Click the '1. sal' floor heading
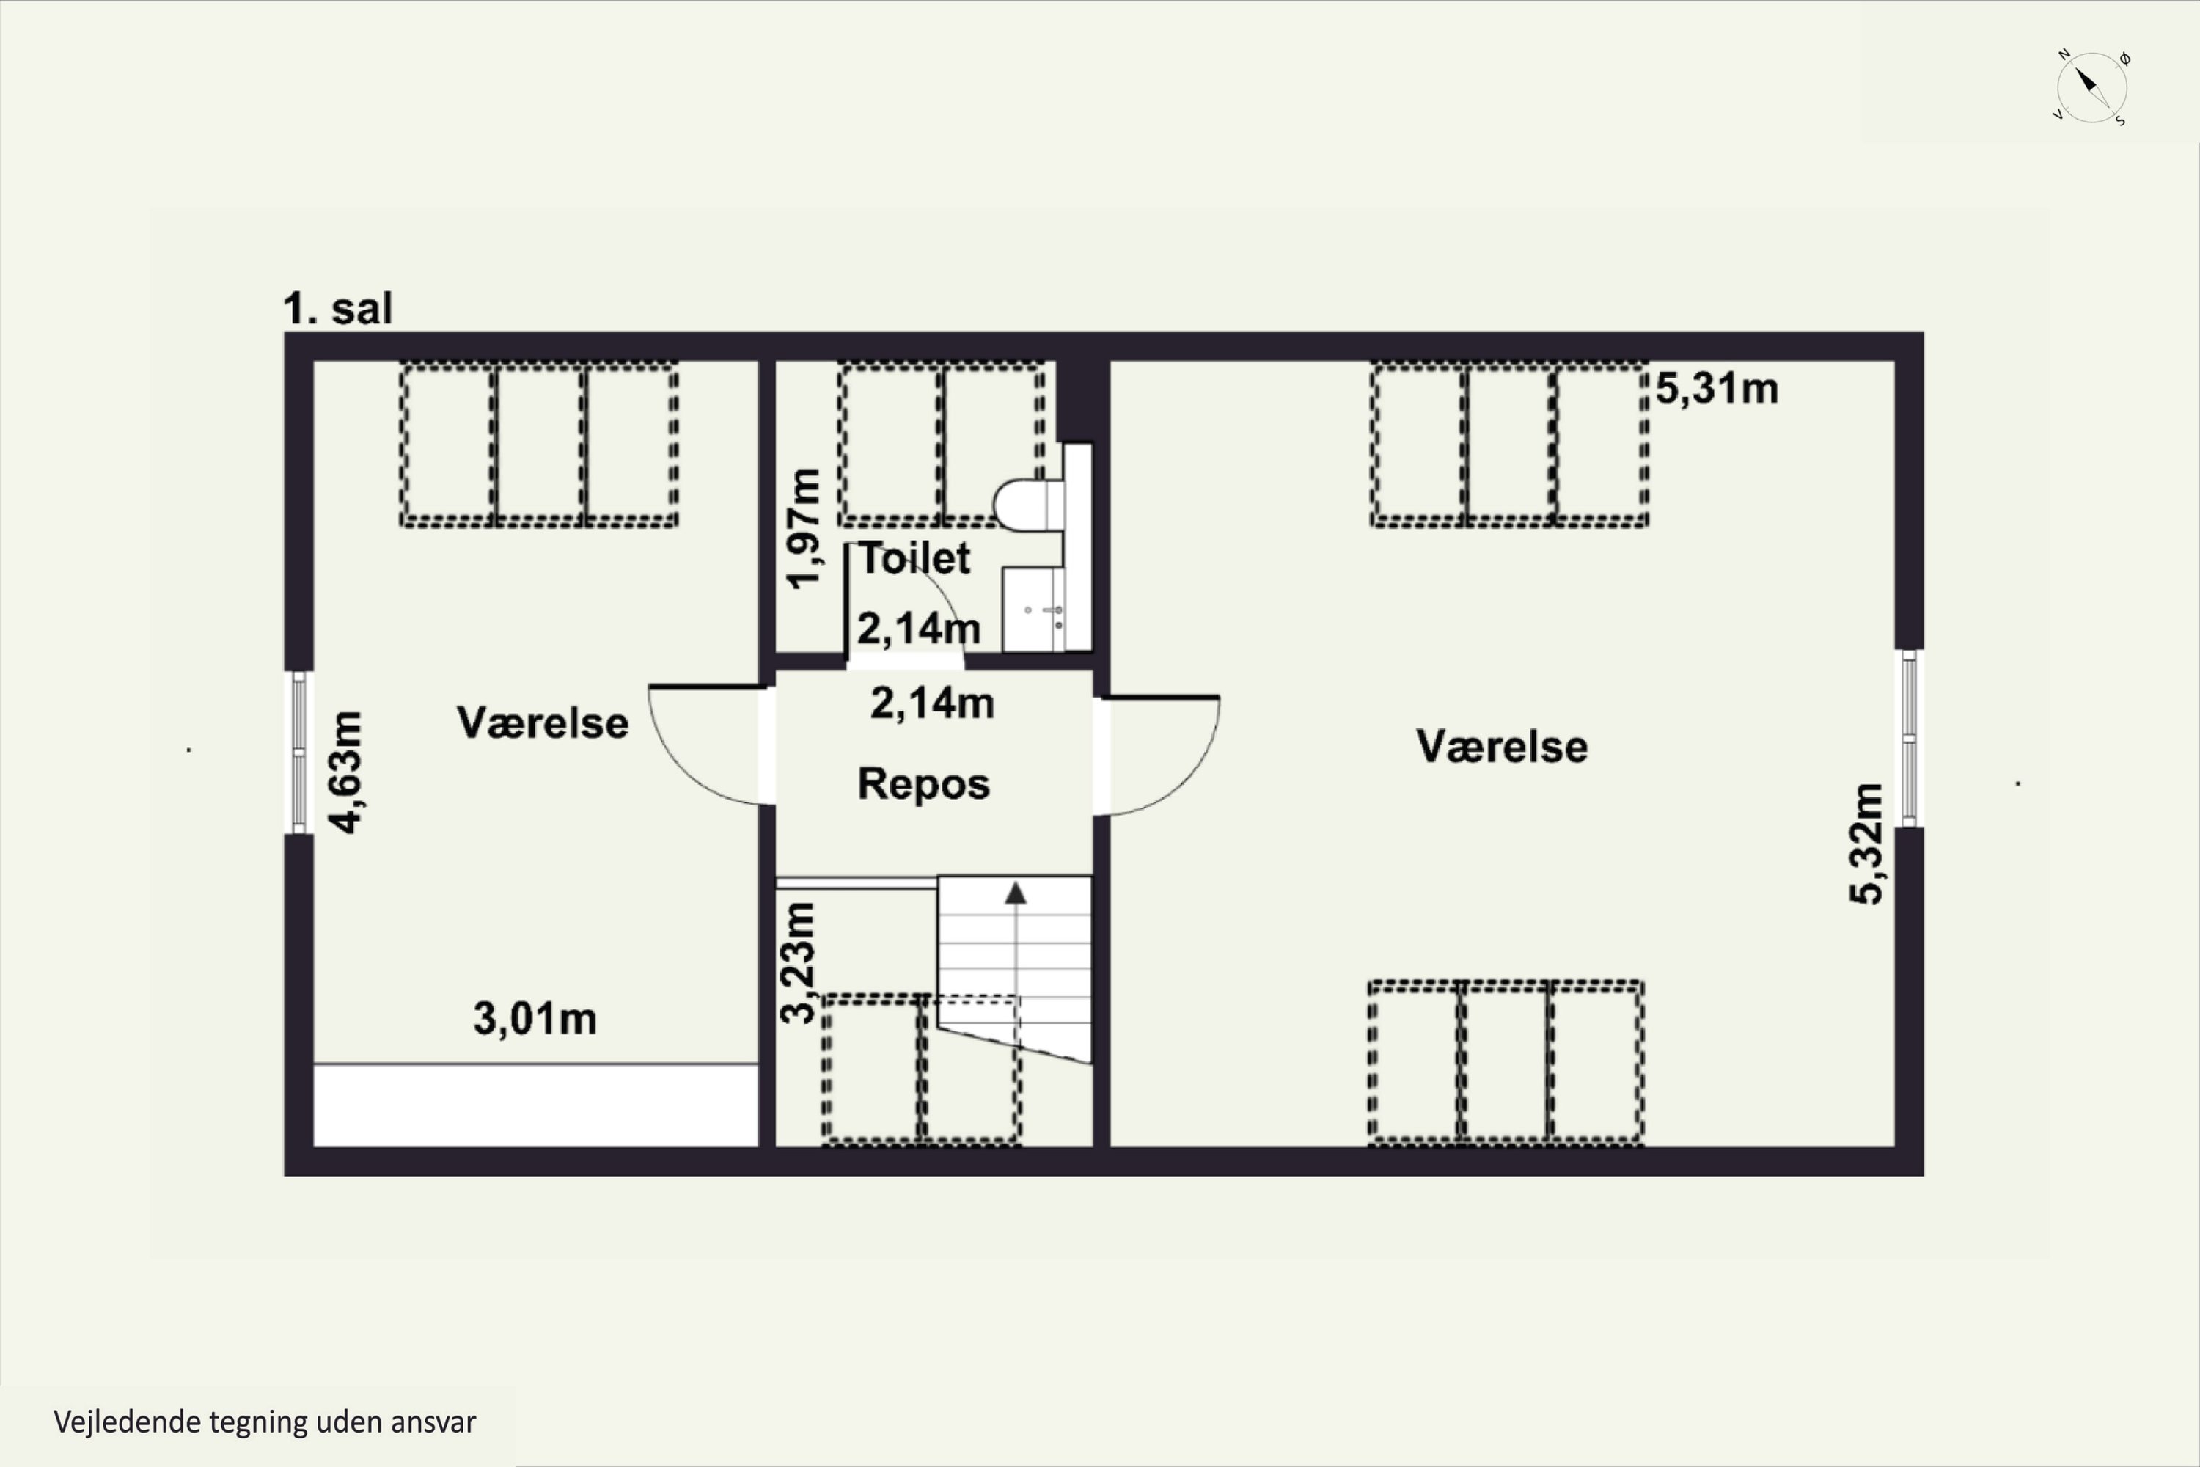pyautogui.click(x=337, y=309)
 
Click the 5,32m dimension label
pyautogui.click(x=1866, y=844)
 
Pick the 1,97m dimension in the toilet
pyautogui.click(x=804, y=529)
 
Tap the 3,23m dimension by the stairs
pyautogui.click(x=798, y=962)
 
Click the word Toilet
pyautogui.click(x=914, y=558)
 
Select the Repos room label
pyautogui.click(x=923, y=784)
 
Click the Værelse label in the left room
pyautogui.click(x=543, y=723)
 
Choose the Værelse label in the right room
pyautogui.click(x=1501, y=747)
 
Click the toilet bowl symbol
pyautogui.click(x=1029, y=505)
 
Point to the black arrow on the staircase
pyautogui.click(x=1016, y=893)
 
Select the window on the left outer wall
pyautogui.click(x=298, y=753)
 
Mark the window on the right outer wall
pyautogui.click(x=1909, y=739)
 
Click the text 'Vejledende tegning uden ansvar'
pyautogui.click(x=265, y=1422)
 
